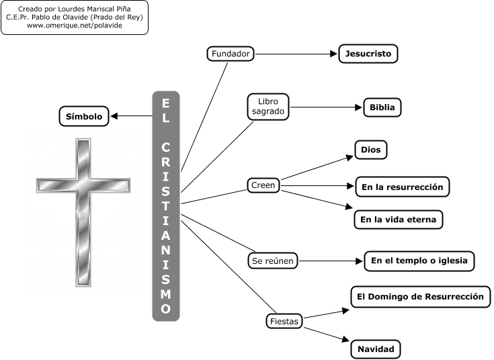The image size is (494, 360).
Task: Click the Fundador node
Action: click(x=231, y=54)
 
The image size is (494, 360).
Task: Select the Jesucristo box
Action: click(x=368, y=54)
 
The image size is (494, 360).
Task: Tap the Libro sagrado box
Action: click(x=267, y=107)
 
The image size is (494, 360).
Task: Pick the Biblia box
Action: click(x=382, y=107)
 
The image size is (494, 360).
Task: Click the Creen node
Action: click(x=263, y=185)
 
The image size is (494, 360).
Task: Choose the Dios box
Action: click(x=370, y=150)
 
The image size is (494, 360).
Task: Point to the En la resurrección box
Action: click(x=402, y=187)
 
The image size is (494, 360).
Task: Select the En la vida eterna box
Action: click(x=399, y=219)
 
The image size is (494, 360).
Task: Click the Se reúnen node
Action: click(x=272, y=261)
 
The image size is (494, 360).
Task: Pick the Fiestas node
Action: click(x=282, y=322)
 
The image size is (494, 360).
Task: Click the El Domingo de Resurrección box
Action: click(x=421, y=296)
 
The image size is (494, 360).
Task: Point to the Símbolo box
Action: click(x=84, y=116)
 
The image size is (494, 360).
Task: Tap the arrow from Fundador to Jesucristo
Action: click(x=296, y=54)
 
